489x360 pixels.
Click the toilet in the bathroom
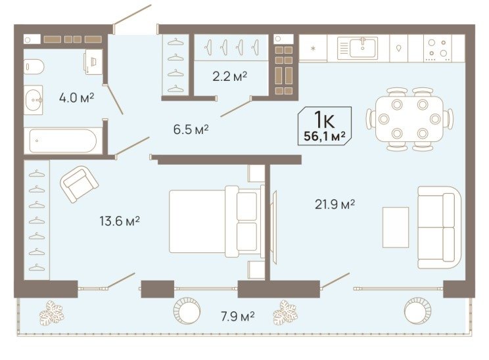[34, 67]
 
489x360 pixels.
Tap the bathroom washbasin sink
[34, 100]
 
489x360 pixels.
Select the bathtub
[63, 141]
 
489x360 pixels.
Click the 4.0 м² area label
[76, 98]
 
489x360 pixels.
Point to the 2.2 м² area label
[230, 76]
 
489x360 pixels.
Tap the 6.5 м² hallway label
[191, 129]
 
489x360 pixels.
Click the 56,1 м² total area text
[325, 136]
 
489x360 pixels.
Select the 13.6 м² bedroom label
[120, 221]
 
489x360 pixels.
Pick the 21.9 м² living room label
[335, 204]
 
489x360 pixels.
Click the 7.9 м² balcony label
[238, 317]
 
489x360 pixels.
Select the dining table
[409, 119]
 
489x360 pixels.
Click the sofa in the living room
[440, 227]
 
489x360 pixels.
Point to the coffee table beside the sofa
[396, 227]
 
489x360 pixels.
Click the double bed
[216, 221]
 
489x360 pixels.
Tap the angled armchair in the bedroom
[80, 184]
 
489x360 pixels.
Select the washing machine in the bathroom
[93, 62]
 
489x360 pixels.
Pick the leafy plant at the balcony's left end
[51, 313]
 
